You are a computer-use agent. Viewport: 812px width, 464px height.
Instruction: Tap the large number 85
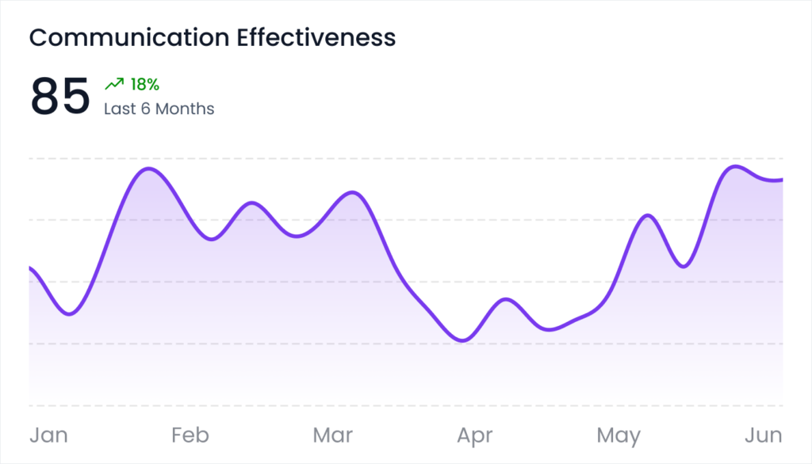(x=60, y=97)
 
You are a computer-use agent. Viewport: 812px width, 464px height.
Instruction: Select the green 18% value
(x=145, y=84)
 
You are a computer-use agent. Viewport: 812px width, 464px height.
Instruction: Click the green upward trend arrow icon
(x=114, y=84)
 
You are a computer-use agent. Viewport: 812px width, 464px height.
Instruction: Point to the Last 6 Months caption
(x=159, y=109)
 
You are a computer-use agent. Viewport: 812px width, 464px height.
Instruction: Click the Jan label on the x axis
(x=48, y=435)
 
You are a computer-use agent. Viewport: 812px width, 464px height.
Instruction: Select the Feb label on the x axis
(x=190, y=435)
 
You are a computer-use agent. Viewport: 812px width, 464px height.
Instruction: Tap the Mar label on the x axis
(x=333, y=435)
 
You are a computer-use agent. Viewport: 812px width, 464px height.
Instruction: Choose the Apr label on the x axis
(x=474, y=435)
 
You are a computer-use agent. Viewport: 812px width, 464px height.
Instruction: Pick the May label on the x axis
(x=619, y=435)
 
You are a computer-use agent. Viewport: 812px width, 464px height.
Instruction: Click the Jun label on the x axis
(x=764, y=435)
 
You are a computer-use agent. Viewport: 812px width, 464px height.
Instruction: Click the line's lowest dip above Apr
(x=464, y=340)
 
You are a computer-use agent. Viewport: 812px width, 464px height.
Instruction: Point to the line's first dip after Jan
(x=69, y=314)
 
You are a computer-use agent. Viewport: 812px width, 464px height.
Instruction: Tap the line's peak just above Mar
(x=352, y=193)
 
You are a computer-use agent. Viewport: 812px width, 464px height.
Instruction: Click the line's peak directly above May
(x=648, y=215)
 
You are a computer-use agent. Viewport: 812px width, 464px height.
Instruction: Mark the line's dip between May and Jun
(x=683, y=267)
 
